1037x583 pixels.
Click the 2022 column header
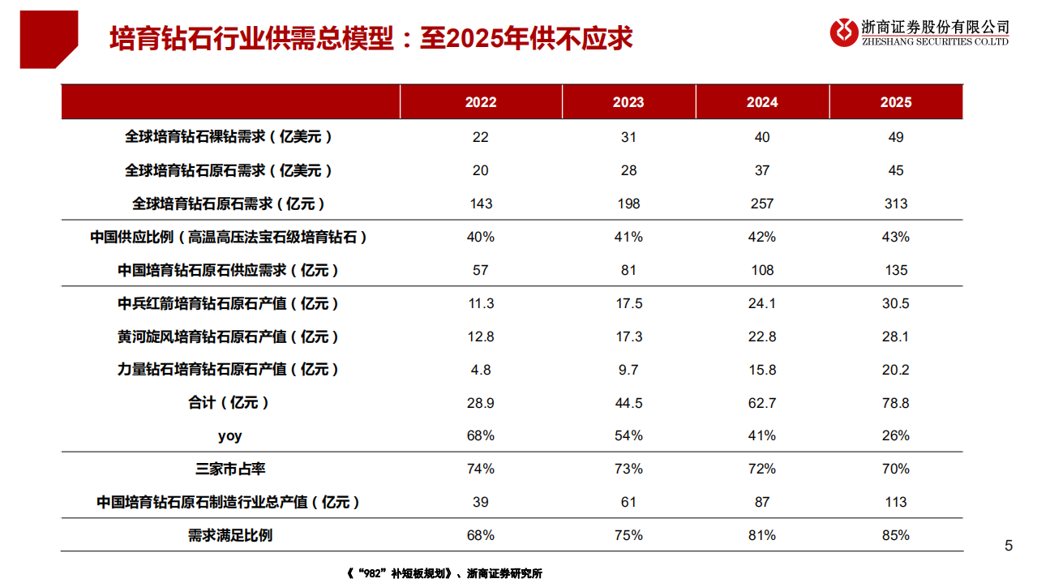tap(481, 102)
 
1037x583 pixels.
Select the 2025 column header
tap(896, 102)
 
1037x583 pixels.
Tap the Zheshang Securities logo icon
tap(844, 32)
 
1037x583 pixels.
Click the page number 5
tap(1009, 546)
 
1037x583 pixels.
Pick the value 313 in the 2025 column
tap(896, 204)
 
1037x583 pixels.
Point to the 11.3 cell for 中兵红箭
tap(481, 303)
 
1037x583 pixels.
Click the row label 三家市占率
tap(231, 469)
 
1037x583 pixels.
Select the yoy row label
tap(230, 435)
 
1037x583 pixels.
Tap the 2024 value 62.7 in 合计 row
tap(762, 403)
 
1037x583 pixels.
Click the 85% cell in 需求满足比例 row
tap(896, 535)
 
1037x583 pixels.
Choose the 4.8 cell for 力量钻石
tap(481, 370)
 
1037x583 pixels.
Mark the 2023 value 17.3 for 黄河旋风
tap(628, 337)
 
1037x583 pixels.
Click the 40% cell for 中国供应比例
tap(481, 237)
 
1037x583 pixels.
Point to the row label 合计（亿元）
tap(229, 403)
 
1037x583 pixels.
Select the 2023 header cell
tap(628, 102)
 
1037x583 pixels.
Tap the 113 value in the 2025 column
tap(896, 502)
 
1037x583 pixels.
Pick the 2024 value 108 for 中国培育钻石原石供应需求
tap(762, 270)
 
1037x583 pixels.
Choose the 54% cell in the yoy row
tap(628, 435)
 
